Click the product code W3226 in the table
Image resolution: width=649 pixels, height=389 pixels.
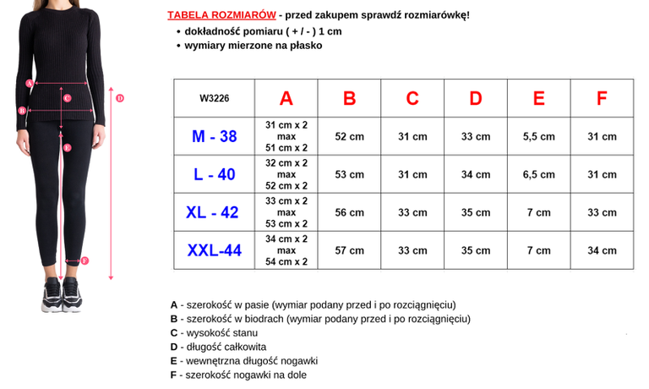tap(214, 98)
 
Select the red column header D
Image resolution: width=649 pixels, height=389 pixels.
tap(476, 98)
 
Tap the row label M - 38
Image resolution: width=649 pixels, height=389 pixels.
tap(214, 136)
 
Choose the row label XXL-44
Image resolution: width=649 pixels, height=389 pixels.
tap(214, 250)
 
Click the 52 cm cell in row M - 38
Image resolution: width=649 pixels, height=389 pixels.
tap(349, 136)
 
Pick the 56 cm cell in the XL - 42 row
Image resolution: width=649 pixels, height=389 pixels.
tap(349, 212)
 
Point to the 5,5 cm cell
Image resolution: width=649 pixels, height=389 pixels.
tap(538, 136)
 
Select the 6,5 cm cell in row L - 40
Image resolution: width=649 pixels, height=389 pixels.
tap(538, 174)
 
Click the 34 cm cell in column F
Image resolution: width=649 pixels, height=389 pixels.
tap(602, 250)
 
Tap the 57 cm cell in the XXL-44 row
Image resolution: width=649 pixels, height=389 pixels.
tap(349, 250)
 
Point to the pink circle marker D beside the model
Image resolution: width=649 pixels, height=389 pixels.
tap(120, 98)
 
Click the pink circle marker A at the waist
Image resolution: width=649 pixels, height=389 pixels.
tap(30, 83)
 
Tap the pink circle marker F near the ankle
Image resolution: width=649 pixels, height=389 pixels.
tap(85, 260)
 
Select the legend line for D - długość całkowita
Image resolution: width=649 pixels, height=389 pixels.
tap(218, 347)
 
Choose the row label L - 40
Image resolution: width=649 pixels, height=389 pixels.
tap(214, 174)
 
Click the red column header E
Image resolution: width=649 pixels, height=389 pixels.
tap(538, 98)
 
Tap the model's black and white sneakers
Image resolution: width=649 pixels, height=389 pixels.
tap(61, 299)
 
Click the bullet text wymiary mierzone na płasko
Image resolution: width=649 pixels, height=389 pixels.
tap(254, 46)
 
